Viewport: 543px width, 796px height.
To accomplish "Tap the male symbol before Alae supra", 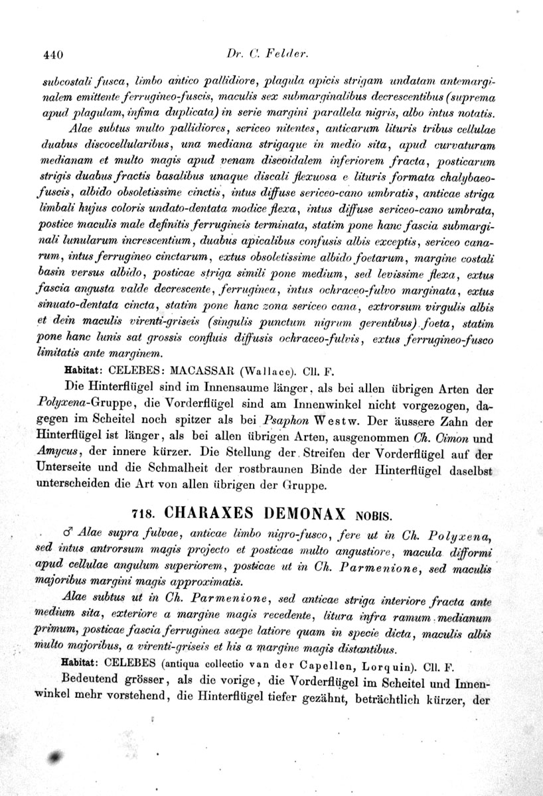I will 66,533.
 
